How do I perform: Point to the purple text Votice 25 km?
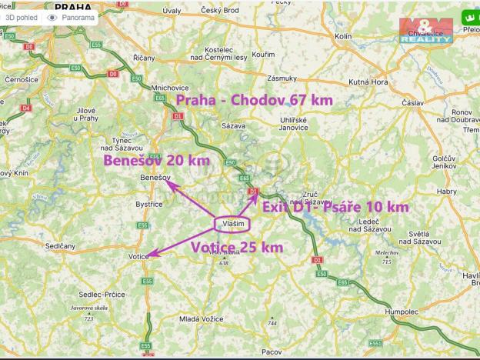tap(237, 247)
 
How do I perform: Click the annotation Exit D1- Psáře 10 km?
tap(335, 207)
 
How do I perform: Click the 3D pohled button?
tap(22, 17)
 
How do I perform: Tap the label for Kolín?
tap(343, 36)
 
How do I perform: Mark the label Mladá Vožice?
tap(201, 318)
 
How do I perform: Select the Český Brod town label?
tap(220, 11)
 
